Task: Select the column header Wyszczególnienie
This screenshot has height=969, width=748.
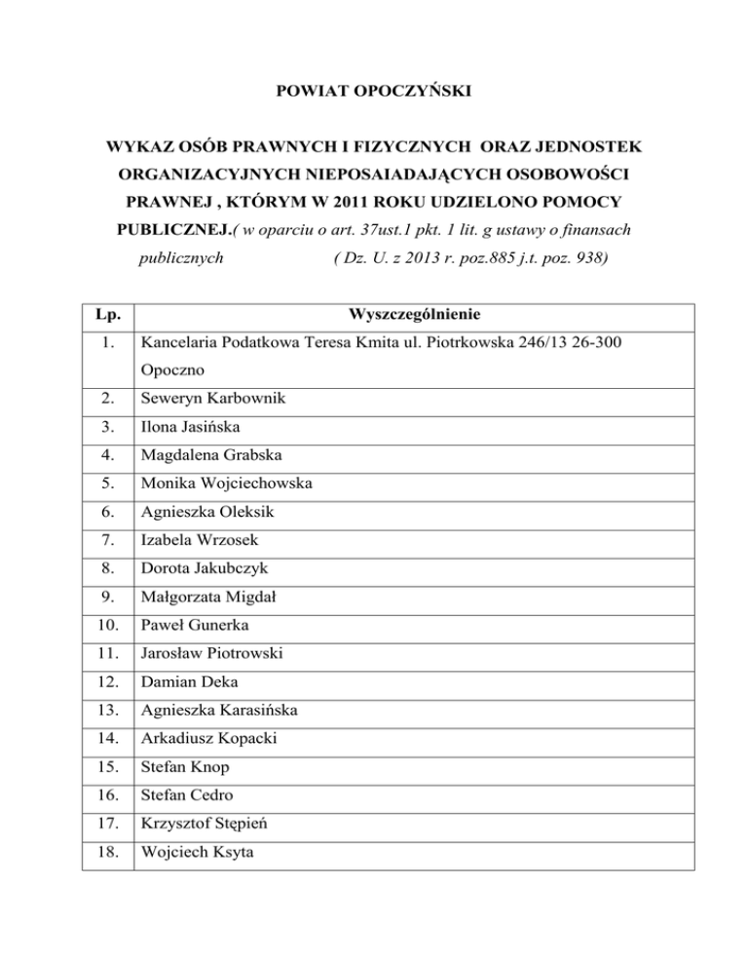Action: [x=413, y=316]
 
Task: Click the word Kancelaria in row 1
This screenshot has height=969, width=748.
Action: [x=181, y=344]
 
